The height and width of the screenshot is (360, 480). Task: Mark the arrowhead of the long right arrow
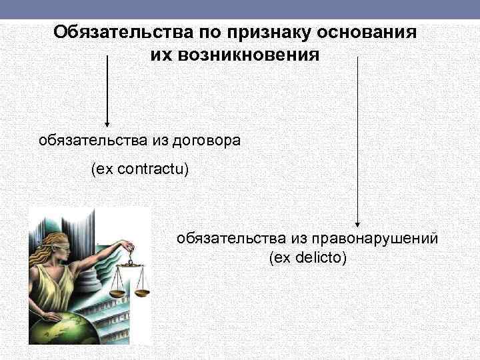[x=358, y=225]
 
